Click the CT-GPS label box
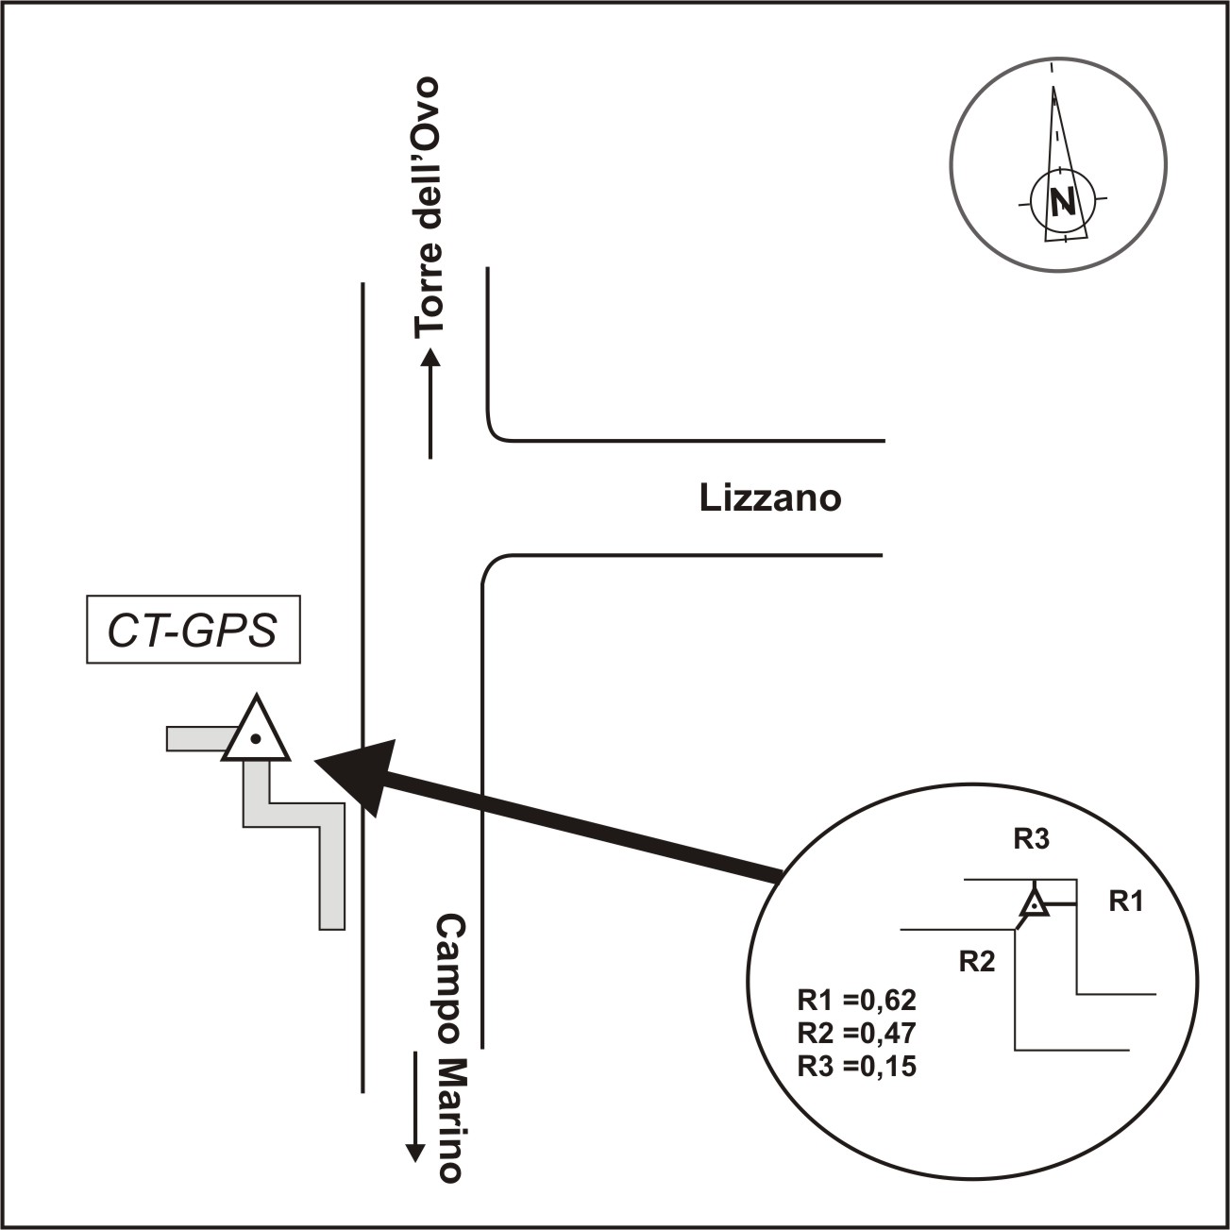193,630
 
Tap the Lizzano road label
769,497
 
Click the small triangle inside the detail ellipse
1035,903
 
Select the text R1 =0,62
857,1000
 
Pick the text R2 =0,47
857,1033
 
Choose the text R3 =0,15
857,1067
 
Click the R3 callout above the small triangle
1031,839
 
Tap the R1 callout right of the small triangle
1125,901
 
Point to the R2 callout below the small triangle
977,962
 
